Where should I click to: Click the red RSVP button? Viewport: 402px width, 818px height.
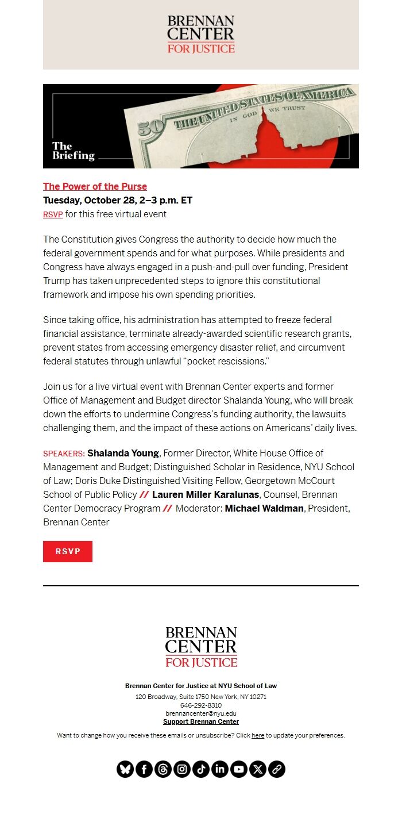(x=68, y=551)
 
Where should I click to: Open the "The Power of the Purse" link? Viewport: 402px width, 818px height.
(x=95, y=186)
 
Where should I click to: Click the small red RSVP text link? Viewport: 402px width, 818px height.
(x=53, y=214)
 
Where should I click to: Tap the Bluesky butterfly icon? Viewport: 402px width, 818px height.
(x=125, y=769)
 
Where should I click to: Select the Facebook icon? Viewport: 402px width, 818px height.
(x=144, y=769)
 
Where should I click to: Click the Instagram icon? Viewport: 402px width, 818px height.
(x=182, y=769)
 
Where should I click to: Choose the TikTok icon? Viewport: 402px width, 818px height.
(x=201, y=769)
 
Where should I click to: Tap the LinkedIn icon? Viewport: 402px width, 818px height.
(x=220, y=769)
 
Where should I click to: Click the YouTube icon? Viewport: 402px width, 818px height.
(x=239, y=769)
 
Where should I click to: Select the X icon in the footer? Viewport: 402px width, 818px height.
(x=258, y=769)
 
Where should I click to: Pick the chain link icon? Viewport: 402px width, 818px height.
(x=277, y=769)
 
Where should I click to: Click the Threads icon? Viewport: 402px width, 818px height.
(x=163, y=769)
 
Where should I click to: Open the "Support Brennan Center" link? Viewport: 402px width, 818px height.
(x=201, y=721)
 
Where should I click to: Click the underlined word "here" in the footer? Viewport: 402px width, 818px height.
(x=258, y=735)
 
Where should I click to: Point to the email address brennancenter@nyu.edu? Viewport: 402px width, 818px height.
(x=201, y=713)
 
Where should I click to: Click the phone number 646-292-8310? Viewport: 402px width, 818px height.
(x=201, y=705)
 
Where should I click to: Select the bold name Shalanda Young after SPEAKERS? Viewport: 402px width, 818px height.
(x=123, y=453)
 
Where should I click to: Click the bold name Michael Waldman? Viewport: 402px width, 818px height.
(x=264, y=508)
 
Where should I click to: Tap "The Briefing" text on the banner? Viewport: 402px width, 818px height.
(x=73, y=151)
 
